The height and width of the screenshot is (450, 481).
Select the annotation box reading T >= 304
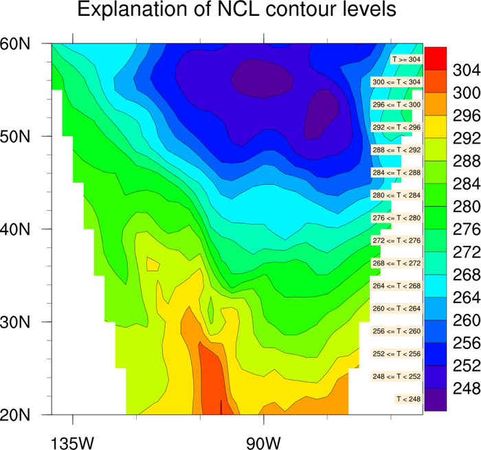click(x=405, y=60)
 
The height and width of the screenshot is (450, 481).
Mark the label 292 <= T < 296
click(x=394, y=127)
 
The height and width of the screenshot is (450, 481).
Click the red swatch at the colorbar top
click(x=436, y=58)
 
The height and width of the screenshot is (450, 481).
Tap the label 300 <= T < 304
click(x=394, y=82)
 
